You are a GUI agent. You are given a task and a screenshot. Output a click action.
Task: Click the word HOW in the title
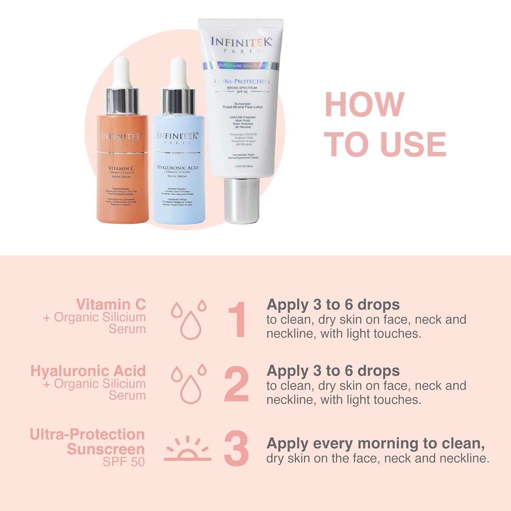[x=364, y=105]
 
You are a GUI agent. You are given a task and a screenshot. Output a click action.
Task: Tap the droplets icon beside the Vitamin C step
[x=189, y=320]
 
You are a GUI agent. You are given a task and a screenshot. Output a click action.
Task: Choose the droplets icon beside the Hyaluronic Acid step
[x=189, y=384]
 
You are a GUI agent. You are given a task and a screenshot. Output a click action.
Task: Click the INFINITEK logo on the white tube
[x=241, y=42]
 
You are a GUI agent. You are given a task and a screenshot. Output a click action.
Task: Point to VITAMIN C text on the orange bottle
[x=121, y=168]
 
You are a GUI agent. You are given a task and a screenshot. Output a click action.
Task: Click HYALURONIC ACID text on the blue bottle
[x=177, y=168]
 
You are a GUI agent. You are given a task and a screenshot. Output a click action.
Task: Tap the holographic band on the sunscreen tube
[x=241, y=65]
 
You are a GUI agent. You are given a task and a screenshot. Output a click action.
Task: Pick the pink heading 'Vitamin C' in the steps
[x=111, y=304]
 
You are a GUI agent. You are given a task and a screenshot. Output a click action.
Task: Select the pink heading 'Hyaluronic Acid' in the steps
[x=88, y=371]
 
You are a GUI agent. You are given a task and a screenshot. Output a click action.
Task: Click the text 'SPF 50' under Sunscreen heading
[x=124, y=462]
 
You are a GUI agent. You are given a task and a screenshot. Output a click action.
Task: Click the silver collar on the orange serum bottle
[x=122, y=101]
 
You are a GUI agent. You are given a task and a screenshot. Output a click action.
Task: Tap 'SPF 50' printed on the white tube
[x=242, y=92]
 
